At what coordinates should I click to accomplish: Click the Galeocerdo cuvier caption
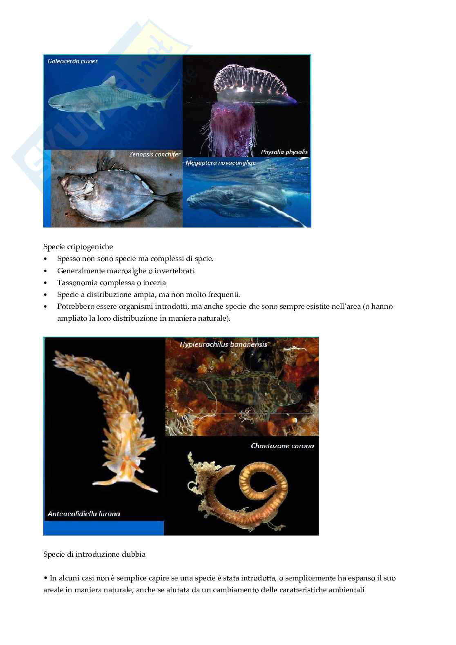tap(73, 61)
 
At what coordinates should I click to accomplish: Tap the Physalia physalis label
tap(284, 152)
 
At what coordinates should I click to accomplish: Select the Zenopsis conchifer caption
tap(155, 154)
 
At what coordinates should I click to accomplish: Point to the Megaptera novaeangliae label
tap(221, 163)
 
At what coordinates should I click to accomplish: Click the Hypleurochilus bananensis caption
tap(224, 344)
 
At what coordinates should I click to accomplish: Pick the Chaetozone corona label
tap(282, 446)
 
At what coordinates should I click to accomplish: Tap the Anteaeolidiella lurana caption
tap(84, 514)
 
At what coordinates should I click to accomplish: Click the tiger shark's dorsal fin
tap(110, 81)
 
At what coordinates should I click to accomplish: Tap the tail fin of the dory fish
tap(174, 200)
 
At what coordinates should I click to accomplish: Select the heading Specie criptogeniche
tap(78, 247)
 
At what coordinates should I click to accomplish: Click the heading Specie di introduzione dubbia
tap(94, 554)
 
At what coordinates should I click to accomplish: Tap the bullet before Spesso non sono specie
tap(45, 259)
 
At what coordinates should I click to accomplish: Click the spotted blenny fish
tap(239, 389)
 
